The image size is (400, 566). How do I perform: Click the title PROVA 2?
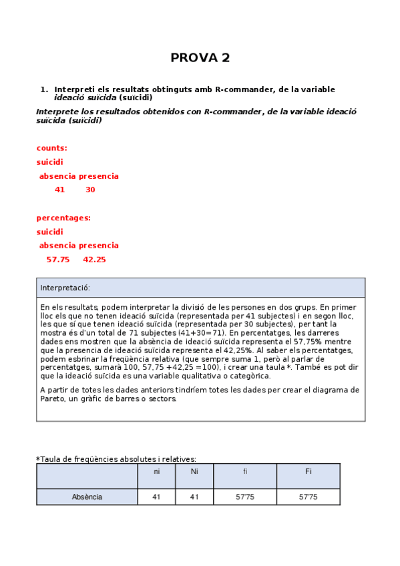coord(200,58)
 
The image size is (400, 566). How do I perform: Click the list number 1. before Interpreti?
coord(44,89)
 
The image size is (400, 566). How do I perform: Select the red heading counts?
coord(51,148)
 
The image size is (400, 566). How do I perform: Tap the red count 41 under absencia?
coord(60,190)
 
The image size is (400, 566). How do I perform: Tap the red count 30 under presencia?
coord(90,190)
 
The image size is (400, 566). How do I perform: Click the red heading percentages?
coord(63,218)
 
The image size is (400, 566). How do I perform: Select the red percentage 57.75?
coord(58,260)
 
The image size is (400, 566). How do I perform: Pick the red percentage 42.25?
coord(94,260)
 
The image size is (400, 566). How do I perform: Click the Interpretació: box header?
coord(65,288)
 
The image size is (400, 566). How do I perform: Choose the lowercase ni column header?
coord(156,472)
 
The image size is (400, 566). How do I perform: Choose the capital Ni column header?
coord(194,472)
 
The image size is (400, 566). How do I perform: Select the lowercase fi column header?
coord(244,472)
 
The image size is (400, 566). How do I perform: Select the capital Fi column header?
coord(308,472)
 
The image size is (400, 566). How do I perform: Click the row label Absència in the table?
coord(87,497)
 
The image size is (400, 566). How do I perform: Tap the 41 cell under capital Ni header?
coord(194,497)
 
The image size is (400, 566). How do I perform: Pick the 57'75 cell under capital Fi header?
coord(308,497)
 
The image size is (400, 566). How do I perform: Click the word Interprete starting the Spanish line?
coord(59,111)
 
